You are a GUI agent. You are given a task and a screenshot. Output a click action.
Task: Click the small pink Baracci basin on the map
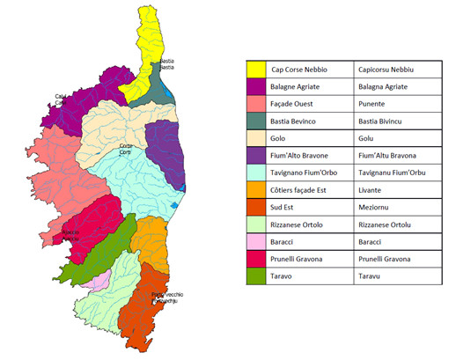pyautogui.click(x=102, y=279)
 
